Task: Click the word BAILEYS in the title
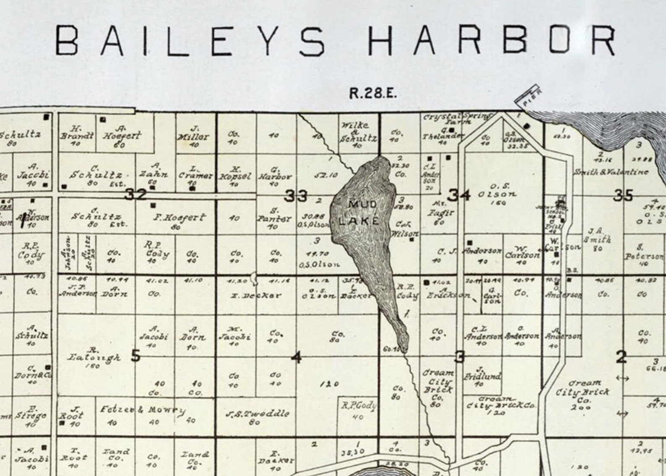tap(191, 41)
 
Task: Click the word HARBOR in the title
tap(491, 41)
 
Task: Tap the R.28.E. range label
tap(373, 93)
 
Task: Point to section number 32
tap(135, 194)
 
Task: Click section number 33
tap(296, 195)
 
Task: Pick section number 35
tap(623, 195)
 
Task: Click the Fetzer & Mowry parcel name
tap(142, 410)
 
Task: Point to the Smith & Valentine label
tap(611, 172)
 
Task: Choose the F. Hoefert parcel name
tap(179, 218)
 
